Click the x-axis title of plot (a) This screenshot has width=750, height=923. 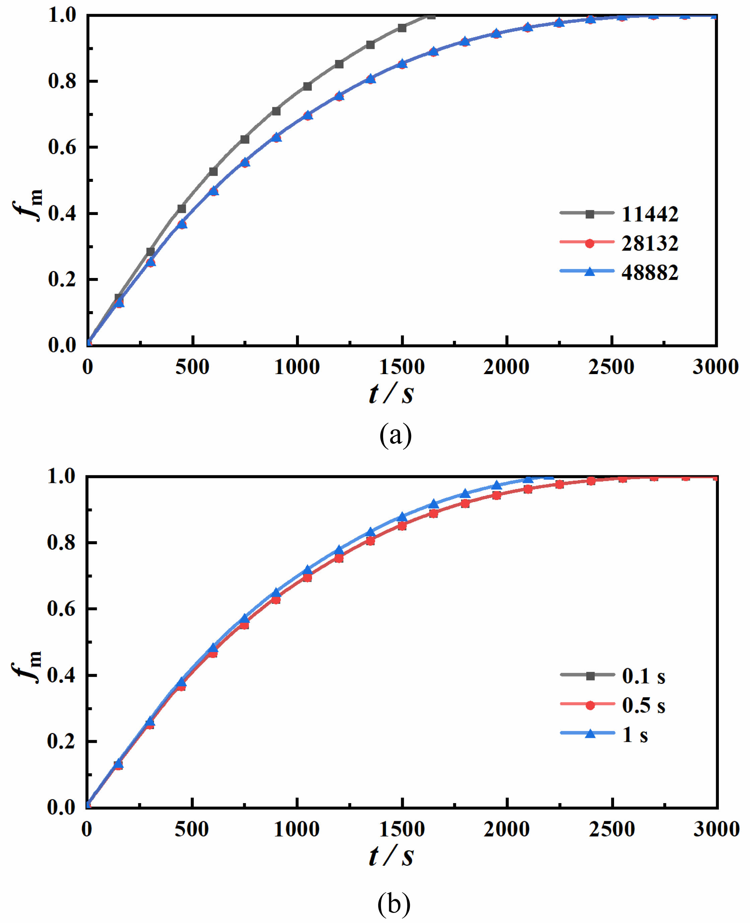(x=391, y=394)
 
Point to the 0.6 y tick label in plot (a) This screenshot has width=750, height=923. (x=62, y=147)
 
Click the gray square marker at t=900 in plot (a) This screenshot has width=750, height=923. (x=276, y=112)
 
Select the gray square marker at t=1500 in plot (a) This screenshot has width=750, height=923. (x=402, y=28)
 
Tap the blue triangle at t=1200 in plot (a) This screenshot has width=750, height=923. (x=339, y=95)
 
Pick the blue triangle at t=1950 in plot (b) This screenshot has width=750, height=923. (x=497, y=485)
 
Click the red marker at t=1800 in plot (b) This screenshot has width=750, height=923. (x=465, y=503)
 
